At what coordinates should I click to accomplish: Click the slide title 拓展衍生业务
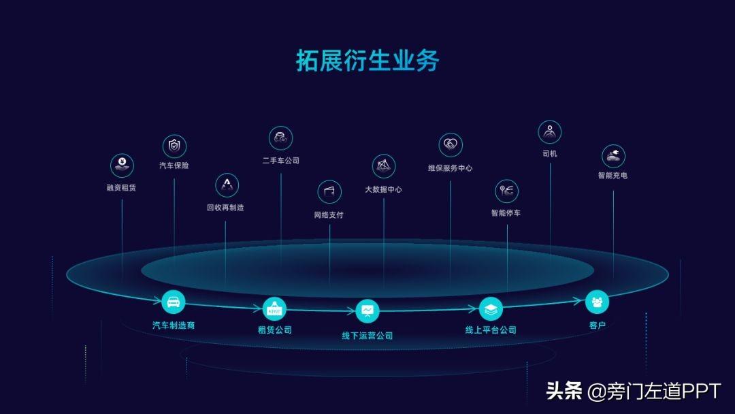click(367, 61)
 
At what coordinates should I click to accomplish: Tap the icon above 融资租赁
click(122, 165)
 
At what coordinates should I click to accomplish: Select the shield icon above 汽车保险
click(174, 146)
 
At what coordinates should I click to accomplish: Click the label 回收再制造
click(225, 208)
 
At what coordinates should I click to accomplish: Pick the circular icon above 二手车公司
click(280, 138)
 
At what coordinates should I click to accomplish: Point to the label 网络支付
click(329, 215)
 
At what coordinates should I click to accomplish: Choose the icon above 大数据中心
click(384, 167)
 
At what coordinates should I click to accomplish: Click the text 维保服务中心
click(450, 168)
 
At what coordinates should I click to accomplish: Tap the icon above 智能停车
click(506, 191)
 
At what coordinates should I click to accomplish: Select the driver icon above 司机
click(550, 132)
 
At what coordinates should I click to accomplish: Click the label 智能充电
click(612, 176)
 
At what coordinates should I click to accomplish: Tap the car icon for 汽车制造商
click(174, 302)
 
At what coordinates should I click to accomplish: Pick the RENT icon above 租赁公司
click(275, 309)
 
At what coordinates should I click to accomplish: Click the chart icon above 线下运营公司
click(367, 312)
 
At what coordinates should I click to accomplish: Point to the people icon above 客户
click(597, 302)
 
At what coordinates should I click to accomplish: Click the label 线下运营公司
click(367, 336)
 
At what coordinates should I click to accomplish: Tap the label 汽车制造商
click(174, 325)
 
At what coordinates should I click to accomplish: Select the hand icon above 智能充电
click(613, 156)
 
